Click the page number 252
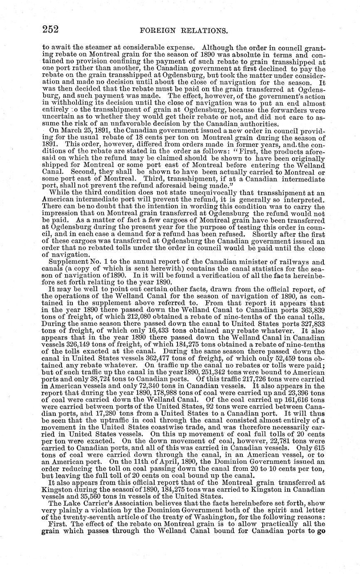(x=50, y=29)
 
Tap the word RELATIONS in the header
(x=200, y=30)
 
